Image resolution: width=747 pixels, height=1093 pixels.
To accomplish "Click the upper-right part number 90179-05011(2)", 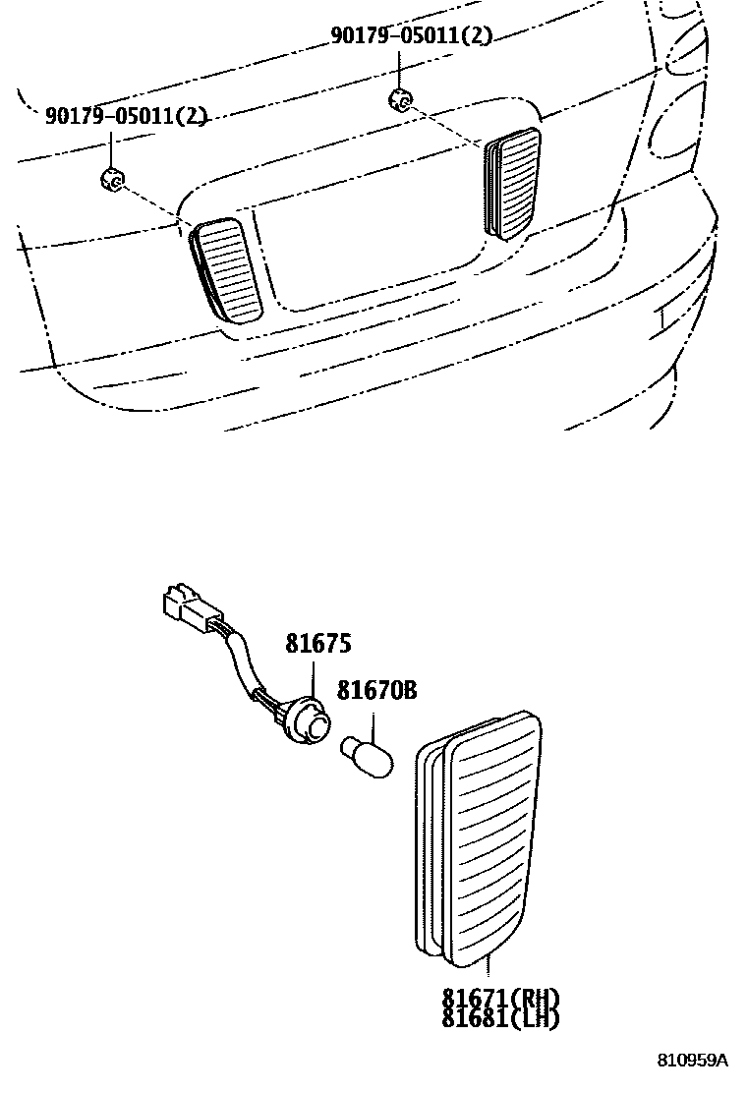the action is (410, 36).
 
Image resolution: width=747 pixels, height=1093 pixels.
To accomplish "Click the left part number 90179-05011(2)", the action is (126, 117).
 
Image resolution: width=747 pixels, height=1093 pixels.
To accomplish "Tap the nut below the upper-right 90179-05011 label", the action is (399, 98).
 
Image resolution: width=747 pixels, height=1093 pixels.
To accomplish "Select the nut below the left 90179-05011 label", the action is (111, 179).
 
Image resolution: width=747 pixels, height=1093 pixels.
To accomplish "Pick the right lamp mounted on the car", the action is (513, 182).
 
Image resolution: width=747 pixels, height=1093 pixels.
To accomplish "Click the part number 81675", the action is (318, 644).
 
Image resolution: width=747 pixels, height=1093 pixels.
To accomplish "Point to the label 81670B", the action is (376, 691).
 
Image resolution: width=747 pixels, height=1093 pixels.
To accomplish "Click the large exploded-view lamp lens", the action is (488, 835).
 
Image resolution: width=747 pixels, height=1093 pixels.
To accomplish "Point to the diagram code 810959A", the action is (693, 1061).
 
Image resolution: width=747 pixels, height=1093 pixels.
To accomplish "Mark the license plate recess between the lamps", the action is (373, 246).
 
